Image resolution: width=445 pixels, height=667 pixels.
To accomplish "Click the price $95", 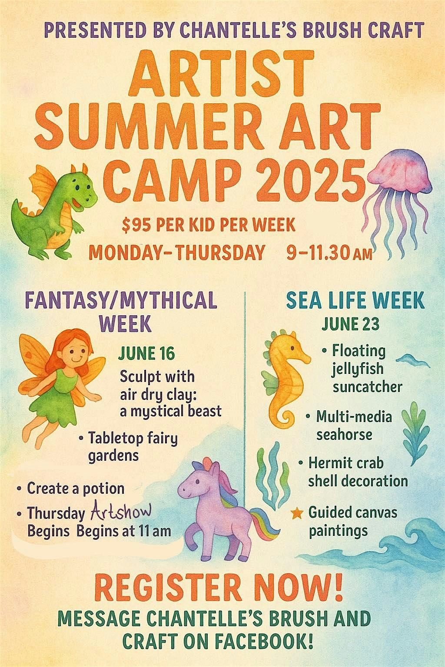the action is tap(137, 225).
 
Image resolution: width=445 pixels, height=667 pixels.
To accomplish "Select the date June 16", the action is tap(146, 353).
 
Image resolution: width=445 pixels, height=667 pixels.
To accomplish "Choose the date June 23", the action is tap(351, 324).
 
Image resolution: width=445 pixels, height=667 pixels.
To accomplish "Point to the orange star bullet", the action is tap(297, 513).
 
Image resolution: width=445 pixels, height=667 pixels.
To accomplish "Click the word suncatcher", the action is tap(368, 387).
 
